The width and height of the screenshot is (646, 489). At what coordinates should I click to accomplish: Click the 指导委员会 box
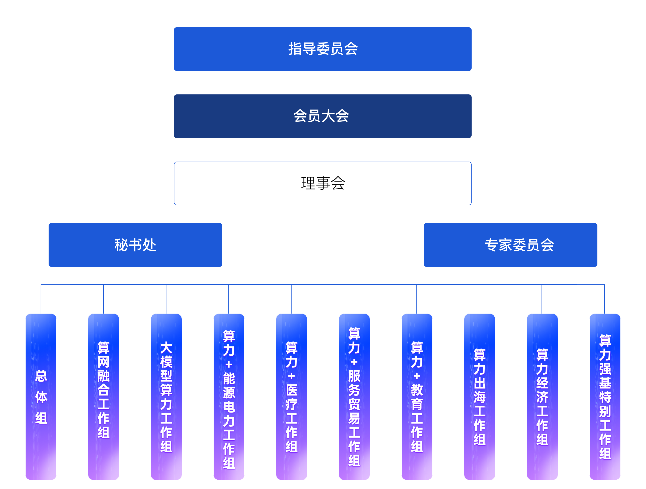[x=323, y=49]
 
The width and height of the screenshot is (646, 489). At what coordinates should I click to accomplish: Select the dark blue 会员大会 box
[x=323, y=116]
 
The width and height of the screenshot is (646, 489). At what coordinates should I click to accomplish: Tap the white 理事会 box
[x=323, y=183]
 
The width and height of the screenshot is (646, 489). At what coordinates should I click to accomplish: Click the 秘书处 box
[x=135, y=245]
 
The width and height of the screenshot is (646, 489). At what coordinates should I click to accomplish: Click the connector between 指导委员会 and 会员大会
[x=323, y=82]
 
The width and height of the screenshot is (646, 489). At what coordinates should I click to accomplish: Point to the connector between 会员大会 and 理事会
[x=323, y=150]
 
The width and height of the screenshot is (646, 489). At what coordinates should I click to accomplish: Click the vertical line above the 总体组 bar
[x=41, y=299]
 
